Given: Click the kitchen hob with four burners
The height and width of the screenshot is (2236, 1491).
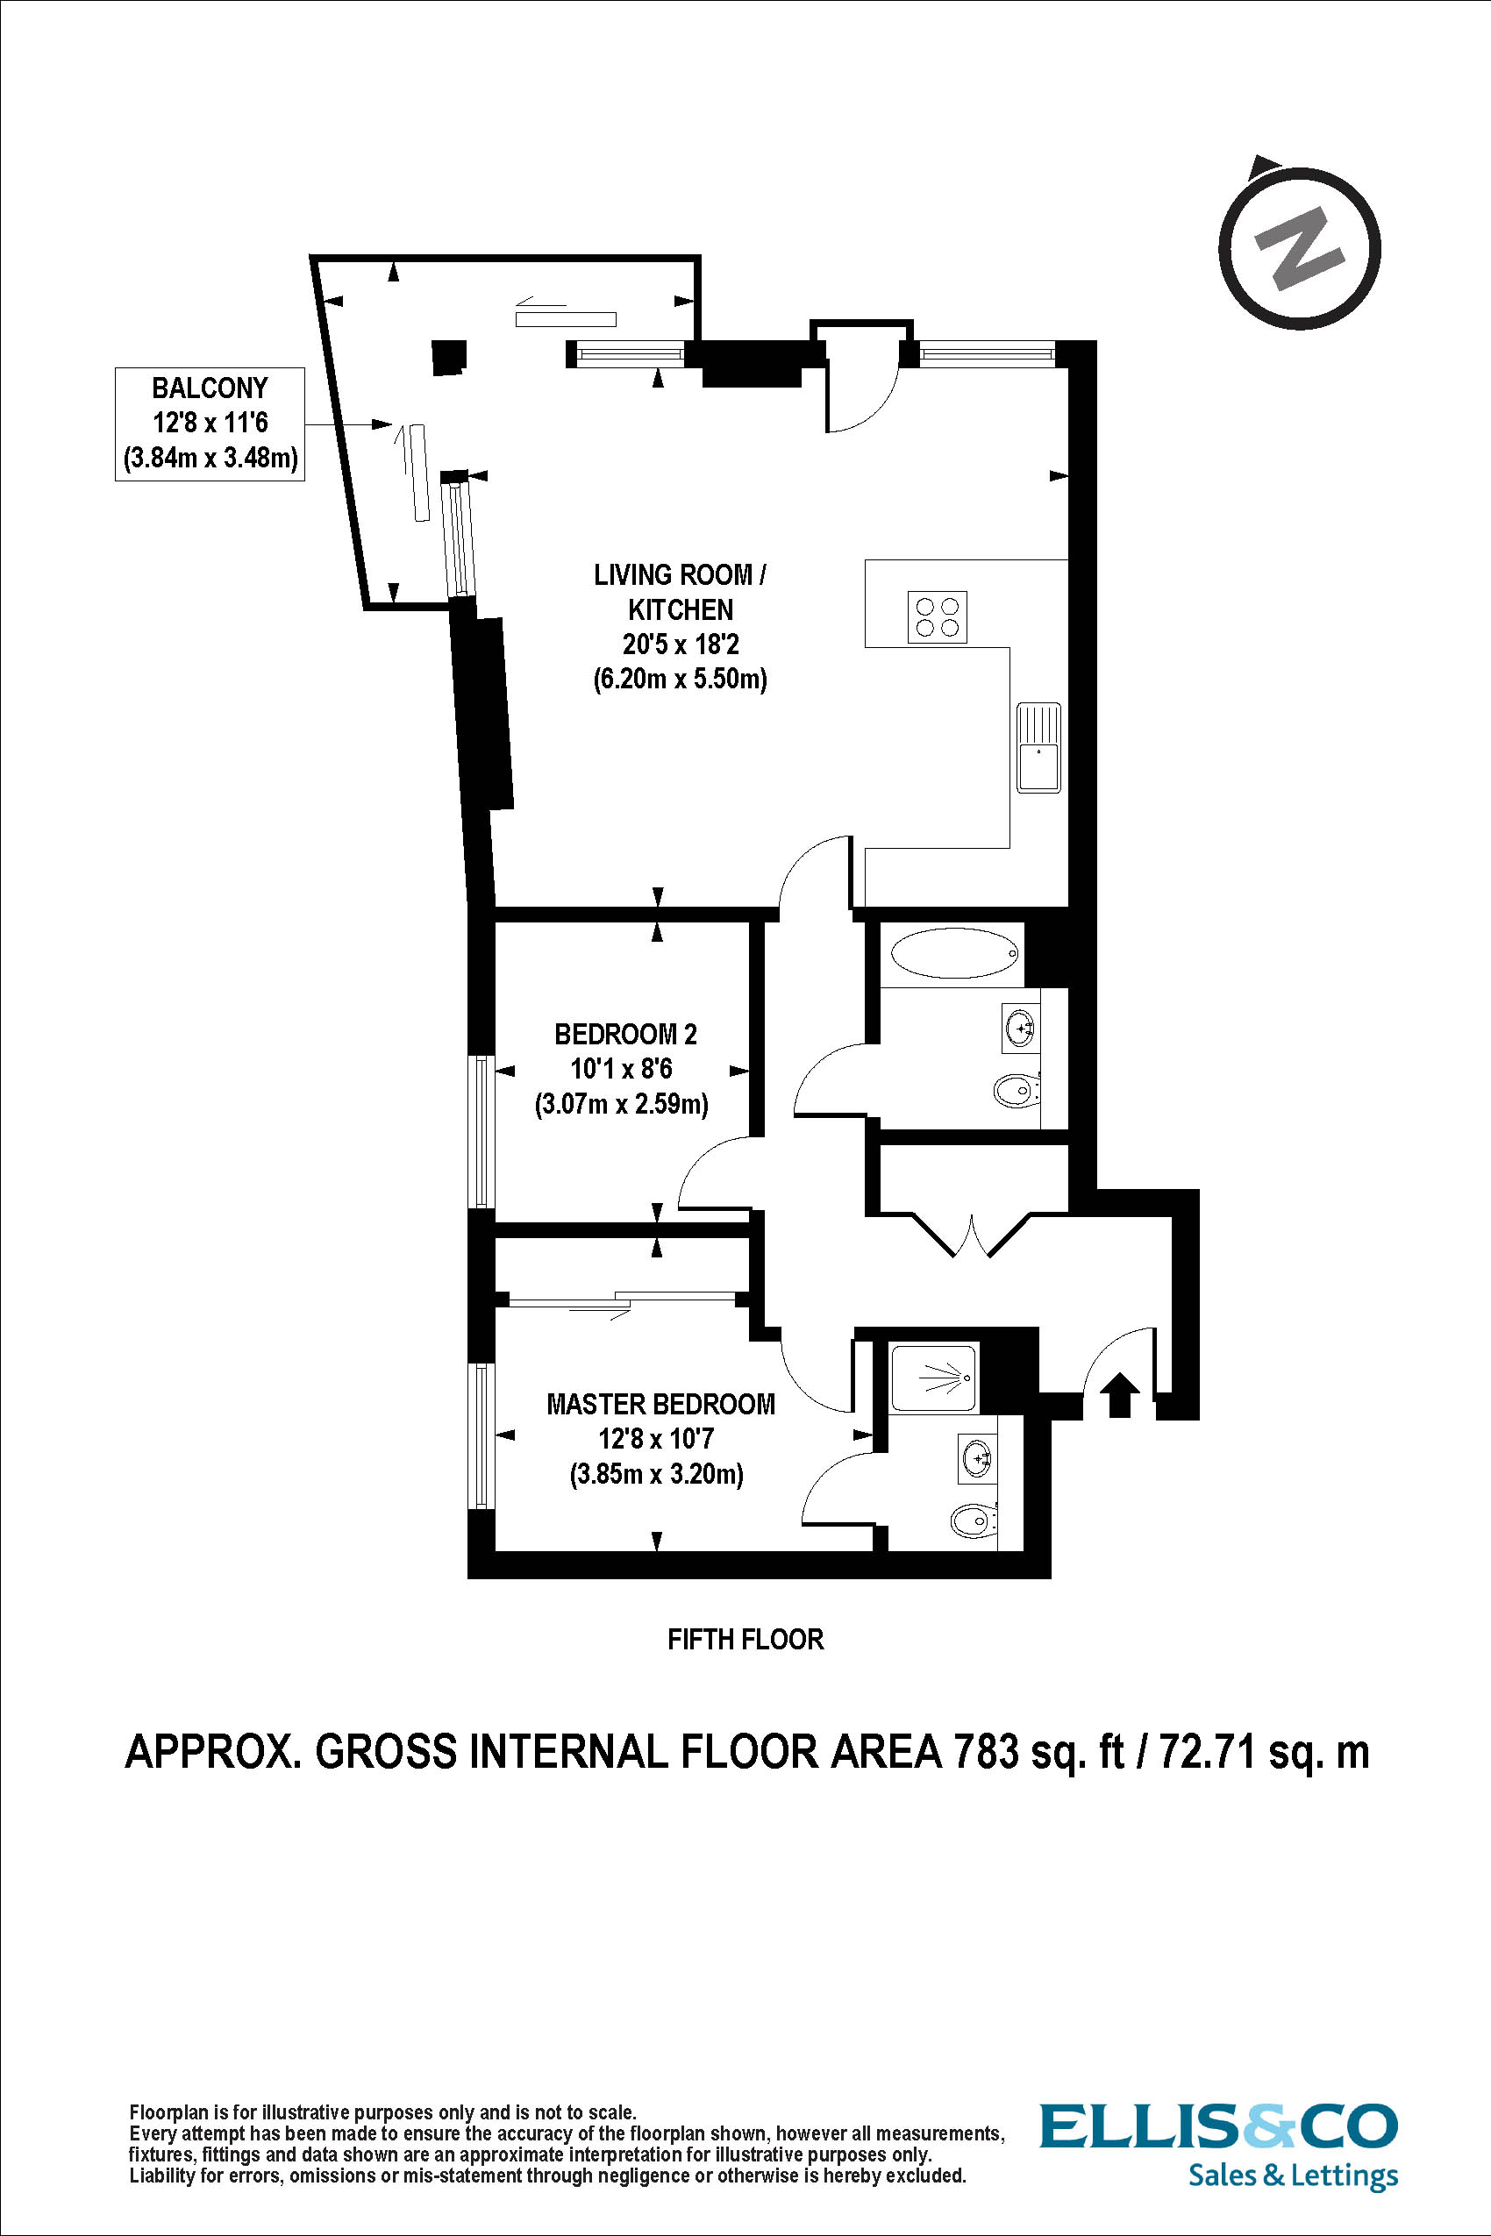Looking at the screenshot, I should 937,616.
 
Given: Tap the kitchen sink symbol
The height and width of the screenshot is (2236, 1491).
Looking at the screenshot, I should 1038,747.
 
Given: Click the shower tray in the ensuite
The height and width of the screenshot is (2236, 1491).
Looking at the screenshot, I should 933,1378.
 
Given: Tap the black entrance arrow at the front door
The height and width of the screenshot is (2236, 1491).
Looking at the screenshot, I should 1119,1393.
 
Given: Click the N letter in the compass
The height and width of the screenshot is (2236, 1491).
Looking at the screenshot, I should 1300,248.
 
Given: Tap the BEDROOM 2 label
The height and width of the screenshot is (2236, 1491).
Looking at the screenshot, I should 624,1034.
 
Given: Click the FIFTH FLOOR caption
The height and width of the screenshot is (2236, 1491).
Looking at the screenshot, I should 745,1639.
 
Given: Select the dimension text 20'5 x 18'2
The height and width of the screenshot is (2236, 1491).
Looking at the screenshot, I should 680,644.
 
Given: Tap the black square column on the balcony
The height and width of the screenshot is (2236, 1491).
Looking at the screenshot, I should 449,357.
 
